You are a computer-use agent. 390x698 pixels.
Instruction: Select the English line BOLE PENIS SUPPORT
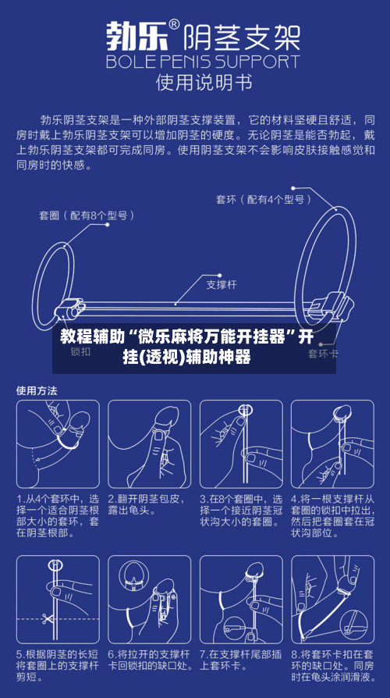tap(202, 61)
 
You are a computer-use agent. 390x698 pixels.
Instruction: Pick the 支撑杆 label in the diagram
tap(221, 284)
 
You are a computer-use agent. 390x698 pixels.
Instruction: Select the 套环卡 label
tap(322, 353)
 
